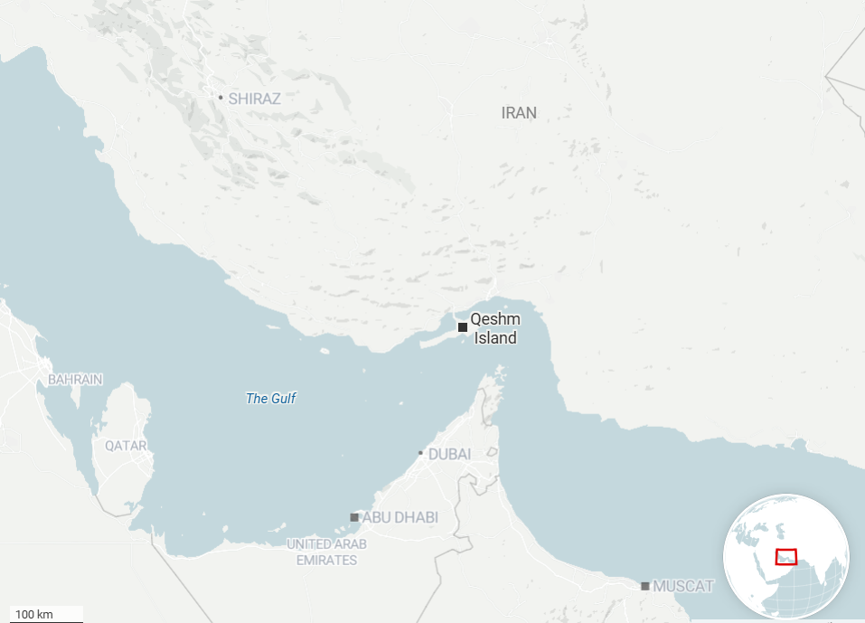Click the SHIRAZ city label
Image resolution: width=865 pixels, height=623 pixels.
[254, 99]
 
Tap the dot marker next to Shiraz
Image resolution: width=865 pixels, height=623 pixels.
[221, 97]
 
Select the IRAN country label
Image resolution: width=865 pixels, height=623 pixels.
[519, 113]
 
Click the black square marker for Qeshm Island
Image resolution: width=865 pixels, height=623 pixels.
[463, 326]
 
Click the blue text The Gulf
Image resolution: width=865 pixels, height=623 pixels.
[271, 398]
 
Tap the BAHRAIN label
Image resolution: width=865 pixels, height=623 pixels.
[75, 380]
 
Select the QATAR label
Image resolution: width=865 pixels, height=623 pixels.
[125, 446]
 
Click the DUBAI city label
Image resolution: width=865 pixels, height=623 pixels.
[449, 454]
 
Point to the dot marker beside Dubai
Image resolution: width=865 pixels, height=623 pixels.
[420, 453]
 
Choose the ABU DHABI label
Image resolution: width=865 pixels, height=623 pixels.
[400, 517]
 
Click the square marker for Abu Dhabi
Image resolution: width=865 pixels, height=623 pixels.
[354, 517]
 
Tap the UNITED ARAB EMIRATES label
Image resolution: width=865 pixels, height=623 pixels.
[327, 552]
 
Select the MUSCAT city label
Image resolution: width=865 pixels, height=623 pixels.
[684, 586]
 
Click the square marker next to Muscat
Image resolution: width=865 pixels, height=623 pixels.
[645, 586]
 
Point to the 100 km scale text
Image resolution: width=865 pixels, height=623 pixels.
[34, 615]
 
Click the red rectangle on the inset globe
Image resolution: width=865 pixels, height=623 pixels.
[786, 557]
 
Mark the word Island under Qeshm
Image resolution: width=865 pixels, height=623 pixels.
[495, 338]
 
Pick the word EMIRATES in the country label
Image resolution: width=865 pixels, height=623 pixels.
[327, 561]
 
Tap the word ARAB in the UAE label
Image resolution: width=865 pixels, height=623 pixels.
[351, 544]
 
